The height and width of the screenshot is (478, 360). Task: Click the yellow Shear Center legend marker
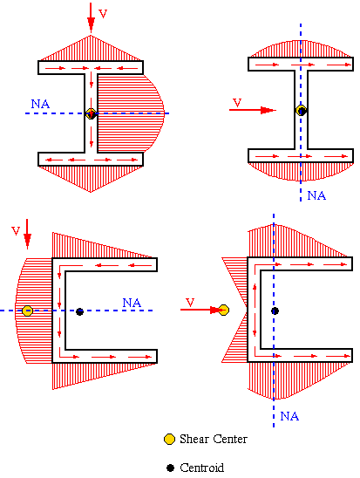169,439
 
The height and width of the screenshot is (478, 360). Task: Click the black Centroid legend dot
170,468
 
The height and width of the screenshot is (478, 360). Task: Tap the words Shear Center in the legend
214,439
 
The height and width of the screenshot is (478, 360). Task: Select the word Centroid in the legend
201,468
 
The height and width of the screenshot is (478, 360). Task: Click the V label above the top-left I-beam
103,14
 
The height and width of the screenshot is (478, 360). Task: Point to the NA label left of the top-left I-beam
40,104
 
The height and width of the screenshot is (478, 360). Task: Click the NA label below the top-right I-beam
316,195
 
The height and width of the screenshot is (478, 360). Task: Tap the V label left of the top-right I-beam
237,102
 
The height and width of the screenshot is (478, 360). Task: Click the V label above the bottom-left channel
16,231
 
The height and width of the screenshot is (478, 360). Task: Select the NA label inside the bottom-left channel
132,303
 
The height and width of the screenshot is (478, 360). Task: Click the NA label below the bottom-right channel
289,416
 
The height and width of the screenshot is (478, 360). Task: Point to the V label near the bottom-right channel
190,302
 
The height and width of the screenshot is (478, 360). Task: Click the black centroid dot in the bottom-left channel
80,311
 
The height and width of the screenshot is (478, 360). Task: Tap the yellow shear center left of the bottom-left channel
27,311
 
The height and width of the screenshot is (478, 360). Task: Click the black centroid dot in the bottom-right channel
275,311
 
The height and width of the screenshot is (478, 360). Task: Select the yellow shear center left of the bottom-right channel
223,310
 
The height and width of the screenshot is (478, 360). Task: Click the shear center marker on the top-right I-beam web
302,111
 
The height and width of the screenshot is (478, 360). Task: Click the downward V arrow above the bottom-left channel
27,234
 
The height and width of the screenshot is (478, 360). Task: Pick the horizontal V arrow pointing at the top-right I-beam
253,110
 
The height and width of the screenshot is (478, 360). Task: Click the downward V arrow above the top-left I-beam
91,17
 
